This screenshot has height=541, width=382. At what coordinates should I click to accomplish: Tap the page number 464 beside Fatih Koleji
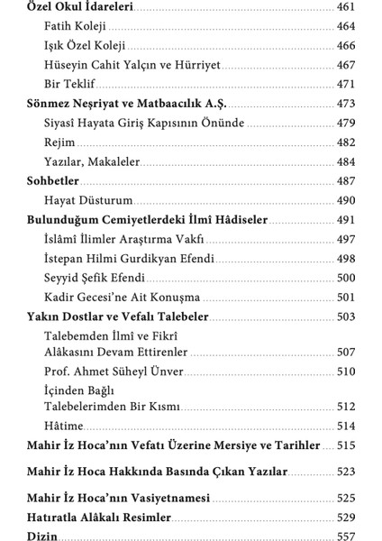point(346,26)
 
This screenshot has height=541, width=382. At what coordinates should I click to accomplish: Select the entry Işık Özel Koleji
point(85,44)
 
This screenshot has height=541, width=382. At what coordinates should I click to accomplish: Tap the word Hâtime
point(62,426)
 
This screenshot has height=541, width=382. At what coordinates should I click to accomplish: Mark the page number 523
point(346,471)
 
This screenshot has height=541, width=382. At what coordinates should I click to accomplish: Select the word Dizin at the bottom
point(42,536)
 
